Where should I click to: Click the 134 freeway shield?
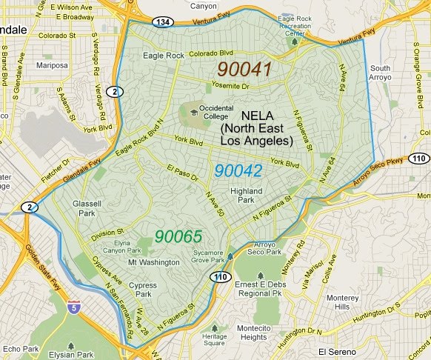[164, 23]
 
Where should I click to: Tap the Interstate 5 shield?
[73, 307]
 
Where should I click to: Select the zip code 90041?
[244, 70]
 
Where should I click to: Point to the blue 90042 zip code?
[238, 170]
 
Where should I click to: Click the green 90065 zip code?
[178, 237]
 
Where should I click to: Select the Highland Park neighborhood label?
[246, 196]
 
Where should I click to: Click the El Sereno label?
[338, 351]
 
